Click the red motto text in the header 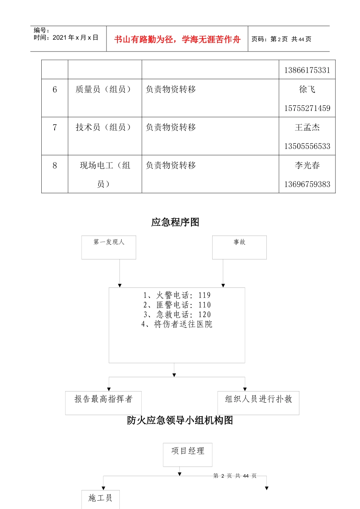click(x=177, y=39)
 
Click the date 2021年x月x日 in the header click(x=75, y=37)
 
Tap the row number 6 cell click(x=55, y=89)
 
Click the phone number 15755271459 click(x=307, y=108)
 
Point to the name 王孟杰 click(x=307, y=128)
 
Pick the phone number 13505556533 click(x=307, y=146)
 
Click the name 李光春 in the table click(x=307, y=166)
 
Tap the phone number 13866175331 click(x=307, y=70)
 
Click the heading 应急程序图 click(x=175, y=222)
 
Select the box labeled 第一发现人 click(x=109, y=247)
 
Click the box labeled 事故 click(x=239, y=247)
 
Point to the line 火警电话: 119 click(x=177, y=295)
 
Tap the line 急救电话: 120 click(x=177, y=315)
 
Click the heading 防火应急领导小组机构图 click(x=180, y=420)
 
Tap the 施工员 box click(x=100, y=498)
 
